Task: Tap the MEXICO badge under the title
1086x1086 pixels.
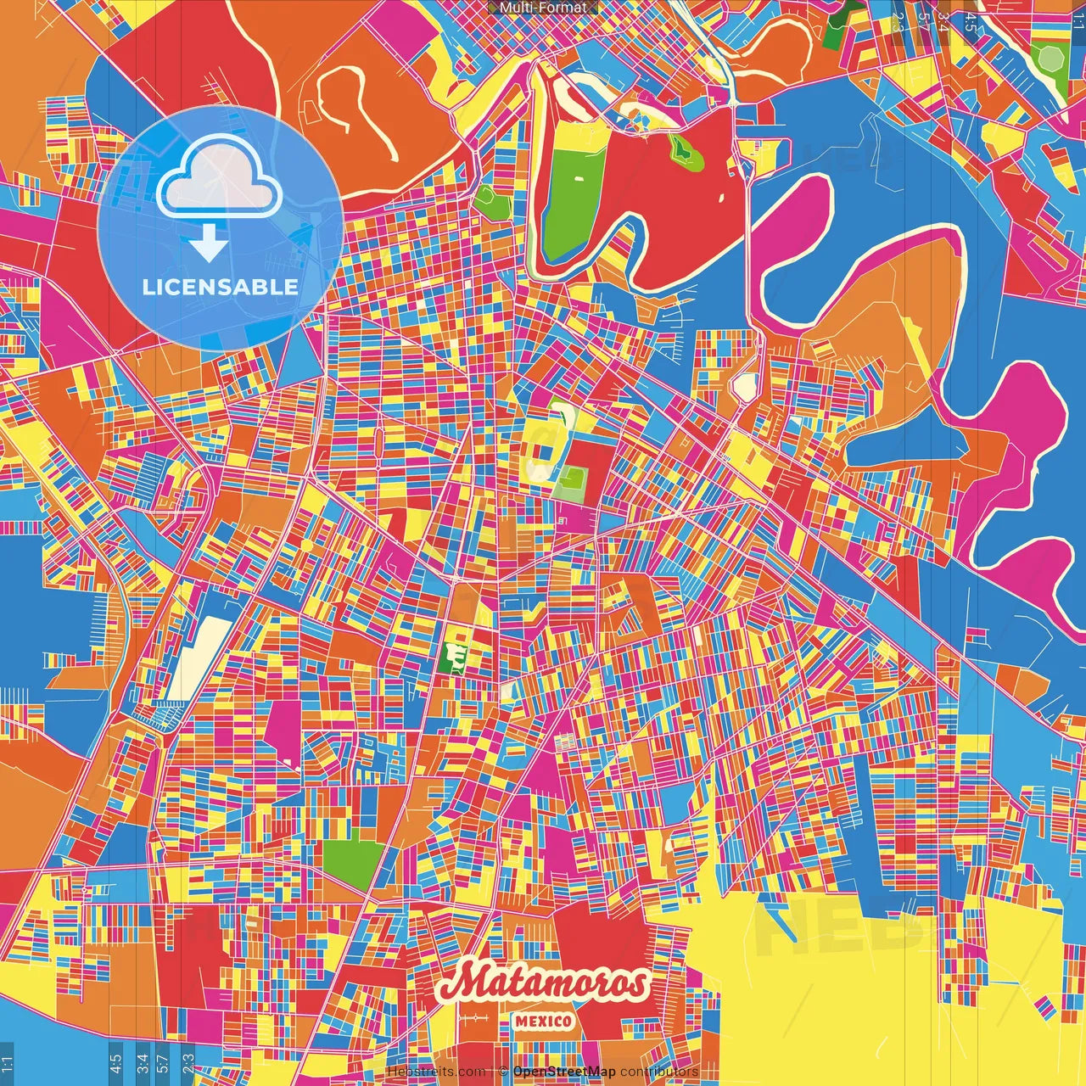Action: click(x=543, y=1021)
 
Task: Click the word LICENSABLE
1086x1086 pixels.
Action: click(x=220, y=287)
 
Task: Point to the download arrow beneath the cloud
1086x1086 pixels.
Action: click(x=208, y=244)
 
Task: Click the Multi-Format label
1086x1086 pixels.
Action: click(x=543, y=8)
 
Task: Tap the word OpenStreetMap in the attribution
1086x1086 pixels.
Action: click(x=564, y=1072)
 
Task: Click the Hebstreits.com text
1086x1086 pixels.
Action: click(x=436, y=1072)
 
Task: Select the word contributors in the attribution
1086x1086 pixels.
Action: click(x=658, y=1072)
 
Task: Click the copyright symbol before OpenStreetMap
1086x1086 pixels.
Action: click(x=503, y=1072)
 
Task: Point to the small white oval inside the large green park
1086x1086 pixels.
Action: click(x=579, y=178)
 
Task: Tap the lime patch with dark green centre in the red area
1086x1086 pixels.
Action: click(x=682, y=151)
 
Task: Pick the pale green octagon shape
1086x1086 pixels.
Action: click(x=1051, y=59)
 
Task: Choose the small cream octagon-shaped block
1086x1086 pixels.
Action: click(x=745, y=387)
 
